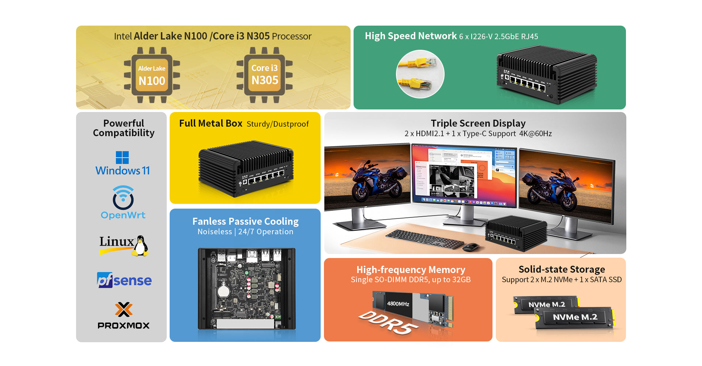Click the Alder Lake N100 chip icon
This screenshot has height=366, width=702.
point(152,75)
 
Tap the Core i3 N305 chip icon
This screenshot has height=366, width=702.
point(264,75)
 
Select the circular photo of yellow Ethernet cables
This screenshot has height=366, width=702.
point(420,74)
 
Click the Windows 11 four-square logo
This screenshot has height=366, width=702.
point(122,157)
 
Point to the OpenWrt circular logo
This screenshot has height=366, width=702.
point(123,198)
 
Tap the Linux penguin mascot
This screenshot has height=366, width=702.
point(140,246)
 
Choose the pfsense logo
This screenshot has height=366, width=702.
point(124,280)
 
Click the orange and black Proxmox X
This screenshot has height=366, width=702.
point(124,310)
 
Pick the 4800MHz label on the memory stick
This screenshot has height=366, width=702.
point(398,304)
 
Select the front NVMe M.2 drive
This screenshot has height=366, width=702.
point(574,317)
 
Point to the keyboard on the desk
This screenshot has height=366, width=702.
point(424,239)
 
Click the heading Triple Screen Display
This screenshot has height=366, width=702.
point(478,123)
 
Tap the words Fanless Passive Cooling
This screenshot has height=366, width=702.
point(245,221)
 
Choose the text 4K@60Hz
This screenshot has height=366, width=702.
point(535,134)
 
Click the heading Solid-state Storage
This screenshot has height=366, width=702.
point(562,269)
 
